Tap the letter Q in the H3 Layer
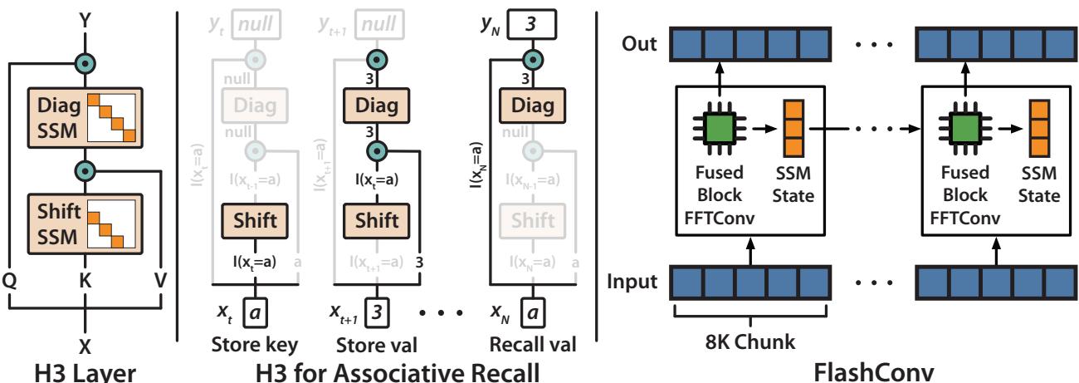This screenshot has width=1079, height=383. coord(12,282)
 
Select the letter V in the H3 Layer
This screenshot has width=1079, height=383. coord(161,282)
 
